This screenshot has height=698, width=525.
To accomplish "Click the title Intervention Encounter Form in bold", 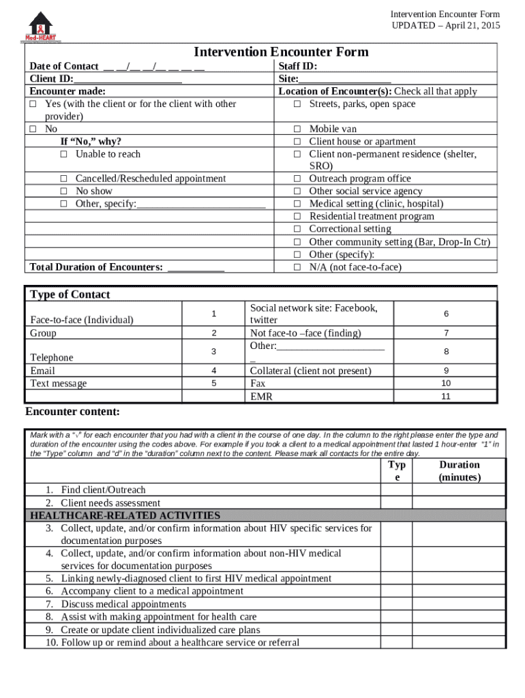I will tap(281, 52).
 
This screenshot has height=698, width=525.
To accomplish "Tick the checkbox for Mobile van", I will tap(297, 130).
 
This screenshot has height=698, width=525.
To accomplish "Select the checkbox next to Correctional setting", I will tap(297, 230).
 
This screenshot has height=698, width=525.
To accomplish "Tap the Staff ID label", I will tap(298, 66).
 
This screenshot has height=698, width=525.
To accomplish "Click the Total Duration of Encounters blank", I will tap(196, 267).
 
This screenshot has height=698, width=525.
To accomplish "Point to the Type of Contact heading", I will tap(70, 294).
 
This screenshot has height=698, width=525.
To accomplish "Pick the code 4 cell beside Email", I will tap(213, 371).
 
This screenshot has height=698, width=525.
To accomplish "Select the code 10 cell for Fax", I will tap(446, 383).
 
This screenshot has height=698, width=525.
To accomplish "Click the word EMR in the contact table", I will tap(261, 396).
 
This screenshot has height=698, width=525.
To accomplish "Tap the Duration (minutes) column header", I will tap(459, 471).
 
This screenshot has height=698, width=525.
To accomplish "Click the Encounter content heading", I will tap(73, 412).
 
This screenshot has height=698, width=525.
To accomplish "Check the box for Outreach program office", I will tap(297, 179).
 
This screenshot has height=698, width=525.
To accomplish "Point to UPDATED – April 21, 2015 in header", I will tap(445, 25).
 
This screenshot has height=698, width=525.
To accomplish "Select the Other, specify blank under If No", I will tap(201, 204).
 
